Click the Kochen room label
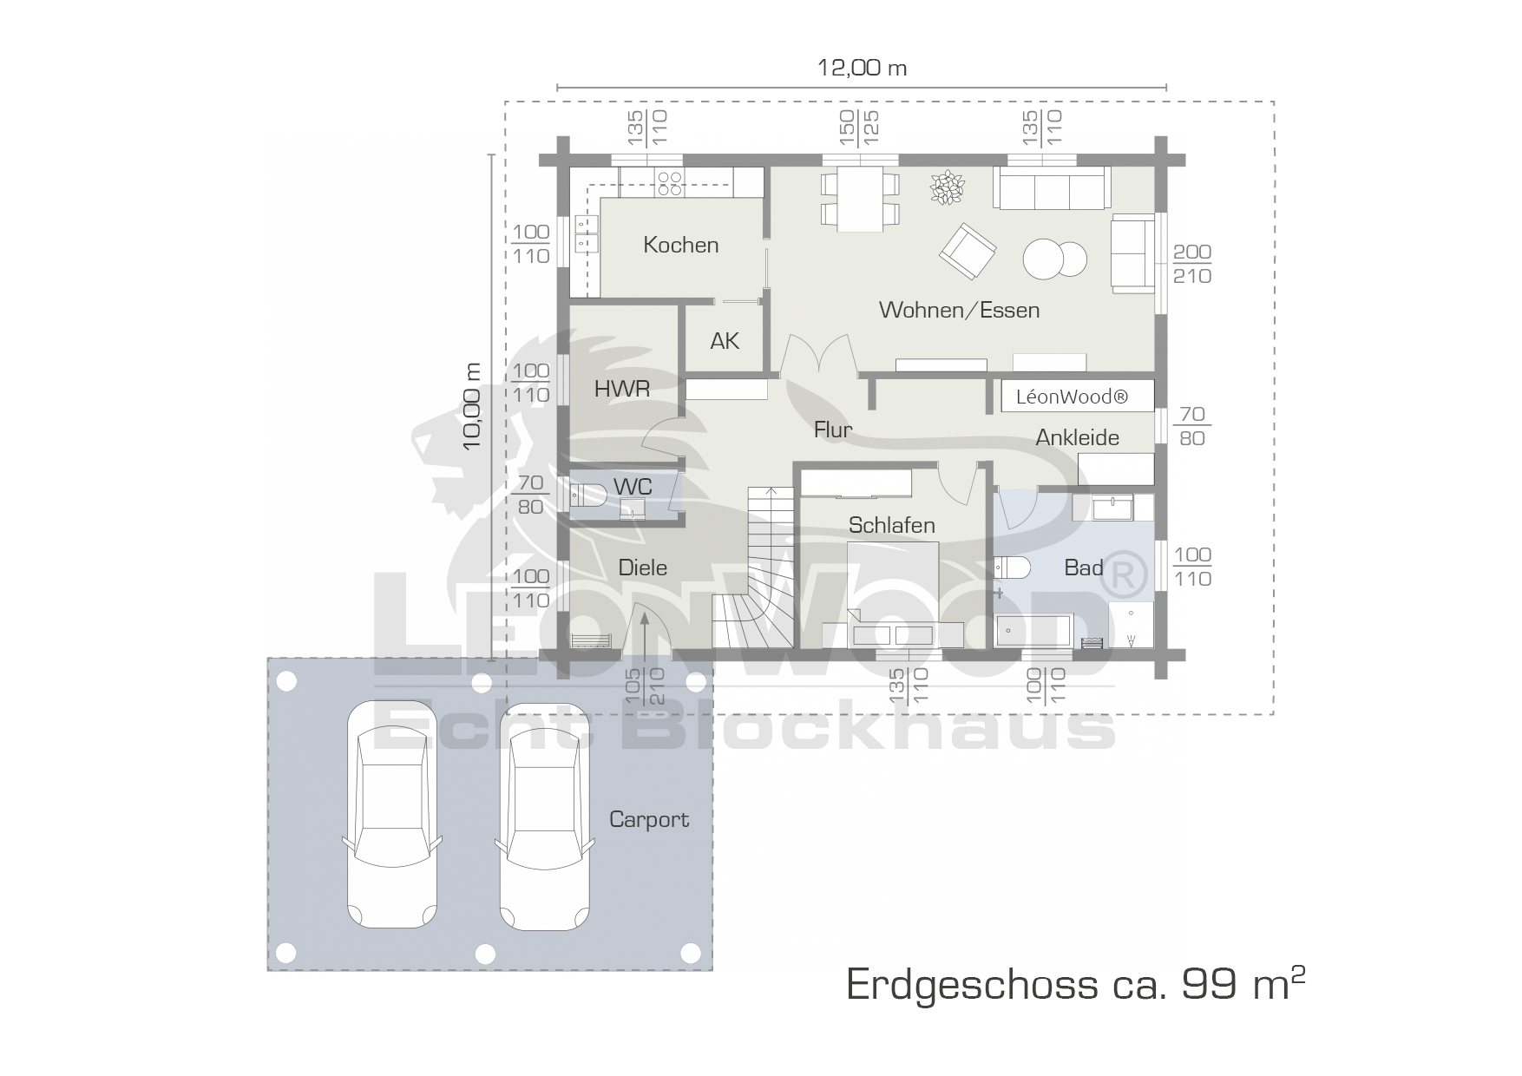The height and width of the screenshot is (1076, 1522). click(x=681, y=245)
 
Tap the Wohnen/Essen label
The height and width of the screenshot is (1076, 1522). click(x=959, y=310)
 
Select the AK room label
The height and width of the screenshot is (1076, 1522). click(x=725, y=341)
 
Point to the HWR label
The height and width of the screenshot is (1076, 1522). click(x=622, y=389)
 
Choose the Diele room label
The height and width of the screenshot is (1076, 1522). click(x=643, y=568)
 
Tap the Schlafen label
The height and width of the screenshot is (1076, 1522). click(x=892, y=525)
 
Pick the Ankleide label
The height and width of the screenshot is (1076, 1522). click(x=1078, y=437)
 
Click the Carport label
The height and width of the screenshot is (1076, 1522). click(x=649, y=819)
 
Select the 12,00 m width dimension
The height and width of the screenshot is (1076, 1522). click(x=863, y=68)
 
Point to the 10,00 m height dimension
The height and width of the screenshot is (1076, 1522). click(x=472, y=406)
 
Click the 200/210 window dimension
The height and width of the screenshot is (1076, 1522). click(x=1192, y=264)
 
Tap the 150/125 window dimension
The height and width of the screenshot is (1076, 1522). click(x=860, y=128)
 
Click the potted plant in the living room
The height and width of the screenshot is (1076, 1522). click(x=947, y=188)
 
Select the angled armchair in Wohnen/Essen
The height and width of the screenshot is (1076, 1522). click(x=968, y=252)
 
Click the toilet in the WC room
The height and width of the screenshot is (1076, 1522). click(x=589, y=495)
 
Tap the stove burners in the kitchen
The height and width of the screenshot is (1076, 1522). click(x=670, y=181)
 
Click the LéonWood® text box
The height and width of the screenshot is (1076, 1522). click(x=1078, y=396)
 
